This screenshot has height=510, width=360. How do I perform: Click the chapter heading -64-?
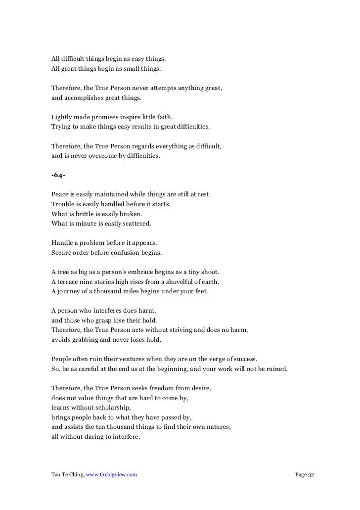point(58,175)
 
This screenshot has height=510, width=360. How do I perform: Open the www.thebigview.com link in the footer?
point(111,475)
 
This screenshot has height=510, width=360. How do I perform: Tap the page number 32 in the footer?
point(311,475)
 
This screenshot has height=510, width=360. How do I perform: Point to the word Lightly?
point(61,117)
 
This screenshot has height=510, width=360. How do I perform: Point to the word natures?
point(217,427)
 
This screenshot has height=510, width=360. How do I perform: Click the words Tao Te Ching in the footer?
point(67,475)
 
